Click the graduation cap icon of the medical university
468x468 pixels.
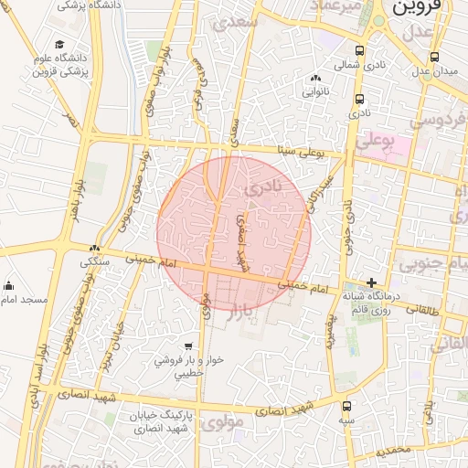pyautogui.click(x=59, y=44)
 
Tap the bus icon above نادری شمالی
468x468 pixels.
pyautogui.click(x=358, y=51)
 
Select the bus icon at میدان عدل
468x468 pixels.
pyautogui.click(x=433, y=55)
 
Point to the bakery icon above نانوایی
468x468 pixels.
pyautogui.click(x=315, y=79)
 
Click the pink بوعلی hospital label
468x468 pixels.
pyautogui.click(x=374, y=142)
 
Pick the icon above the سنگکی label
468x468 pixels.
pyautogui.click(x=95, y=248)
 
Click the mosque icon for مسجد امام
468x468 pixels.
pyautogui.click(x=9, y=285)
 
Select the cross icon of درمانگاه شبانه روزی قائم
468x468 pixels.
pyautogui.click(x=370, y=282)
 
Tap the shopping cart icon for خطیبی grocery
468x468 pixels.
pyautogui.click(x=188, y=347)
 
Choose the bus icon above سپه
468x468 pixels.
pyautogui.click(x=346, y=406)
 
